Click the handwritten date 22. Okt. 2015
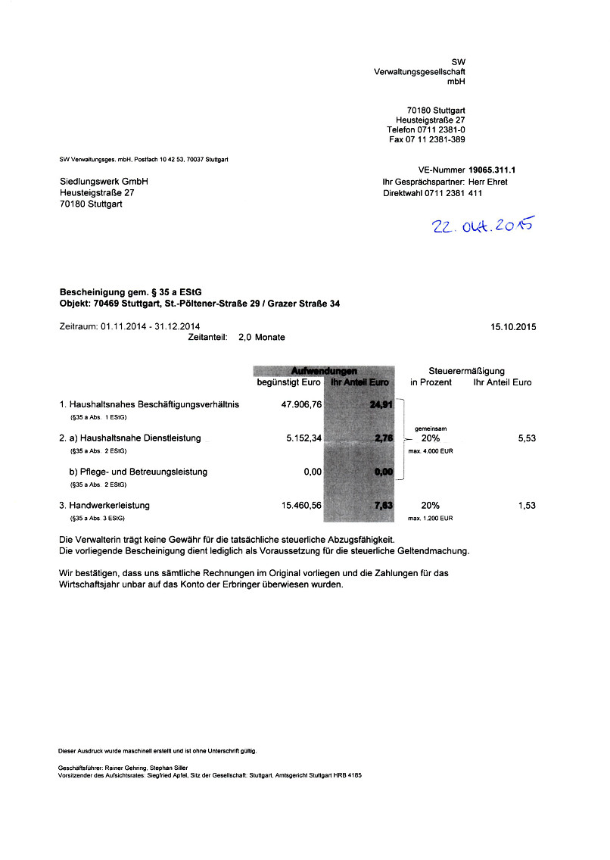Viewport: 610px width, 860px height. point(482,226)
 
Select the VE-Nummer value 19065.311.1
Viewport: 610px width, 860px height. point(497,171)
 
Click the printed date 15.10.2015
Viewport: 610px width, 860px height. point(513,327)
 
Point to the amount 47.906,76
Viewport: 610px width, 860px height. point(301,404)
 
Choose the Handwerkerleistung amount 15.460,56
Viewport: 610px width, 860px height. point(301,505)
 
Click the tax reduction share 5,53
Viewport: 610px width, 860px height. point(527,438)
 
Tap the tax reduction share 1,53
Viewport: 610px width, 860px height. point(527,505)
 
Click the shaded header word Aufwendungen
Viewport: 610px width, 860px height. point(324,370)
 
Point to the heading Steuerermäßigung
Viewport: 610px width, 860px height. point(466,371)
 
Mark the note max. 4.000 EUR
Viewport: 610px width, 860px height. point(431,451)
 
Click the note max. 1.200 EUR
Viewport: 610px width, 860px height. point(431,519)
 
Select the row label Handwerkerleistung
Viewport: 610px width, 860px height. point(109,505)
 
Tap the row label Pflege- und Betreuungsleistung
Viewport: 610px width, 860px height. point(138,472)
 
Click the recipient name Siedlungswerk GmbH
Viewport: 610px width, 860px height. point(104,182)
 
